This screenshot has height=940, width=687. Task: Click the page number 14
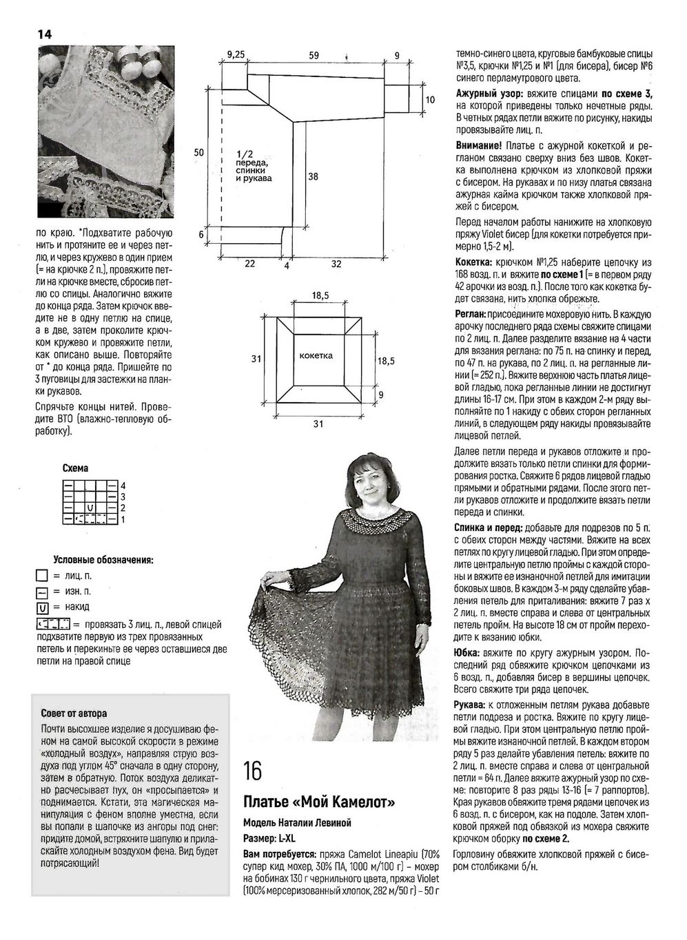pos(44,34)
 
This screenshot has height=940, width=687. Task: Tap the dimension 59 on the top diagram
pos(314,56)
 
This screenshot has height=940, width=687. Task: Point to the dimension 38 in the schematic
pos(313,176)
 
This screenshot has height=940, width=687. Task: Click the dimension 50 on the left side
pos(198,152)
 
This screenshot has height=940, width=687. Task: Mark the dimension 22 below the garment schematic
pos(249,263)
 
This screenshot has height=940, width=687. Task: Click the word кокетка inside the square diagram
pos(317,355)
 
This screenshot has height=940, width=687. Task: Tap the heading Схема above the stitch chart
pos(75,468)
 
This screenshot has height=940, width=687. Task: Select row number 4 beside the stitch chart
pos(123,485)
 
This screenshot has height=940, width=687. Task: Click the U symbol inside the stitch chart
pos(90,508)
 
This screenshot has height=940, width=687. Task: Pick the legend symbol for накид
pos(42,607)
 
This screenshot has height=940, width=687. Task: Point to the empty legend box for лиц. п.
pos(42,576)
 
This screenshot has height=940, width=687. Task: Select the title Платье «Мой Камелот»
pos(319,802)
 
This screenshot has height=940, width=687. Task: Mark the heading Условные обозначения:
pos(103,560)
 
